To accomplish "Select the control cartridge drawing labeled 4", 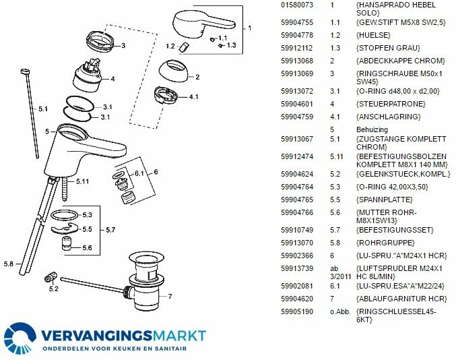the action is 88,76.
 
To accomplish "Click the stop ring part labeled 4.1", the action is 165,95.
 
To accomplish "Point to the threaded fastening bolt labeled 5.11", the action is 65,189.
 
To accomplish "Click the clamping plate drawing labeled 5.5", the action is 64,228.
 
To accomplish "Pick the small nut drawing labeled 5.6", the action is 66,243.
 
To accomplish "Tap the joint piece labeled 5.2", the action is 51,277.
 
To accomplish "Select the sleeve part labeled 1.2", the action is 185,47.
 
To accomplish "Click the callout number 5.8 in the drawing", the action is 9,264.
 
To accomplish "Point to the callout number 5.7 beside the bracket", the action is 110,230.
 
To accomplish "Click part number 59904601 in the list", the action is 296,104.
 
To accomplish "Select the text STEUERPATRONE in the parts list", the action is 391,104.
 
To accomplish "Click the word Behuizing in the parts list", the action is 372,129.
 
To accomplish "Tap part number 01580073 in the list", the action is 296,5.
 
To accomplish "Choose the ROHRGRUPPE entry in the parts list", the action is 385,243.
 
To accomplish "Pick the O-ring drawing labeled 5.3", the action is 64,215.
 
